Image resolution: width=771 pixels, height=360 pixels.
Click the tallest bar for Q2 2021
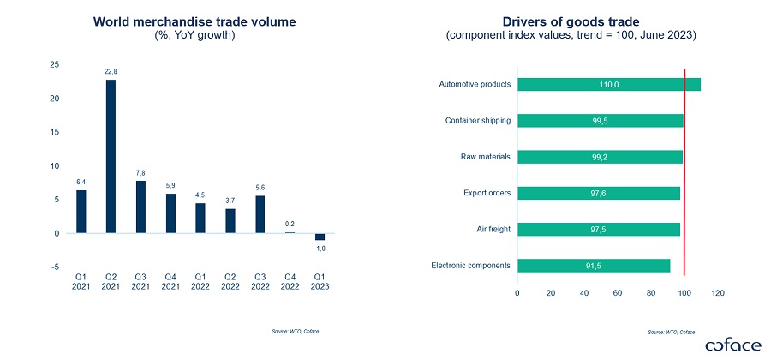point(111,156)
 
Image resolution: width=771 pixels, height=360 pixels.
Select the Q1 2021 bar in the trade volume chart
point(81,211)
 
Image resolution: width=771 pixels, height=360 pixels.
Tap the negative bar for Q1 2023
point(320,237)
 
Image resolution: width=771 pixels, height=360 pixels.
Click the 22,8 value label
point(111,71)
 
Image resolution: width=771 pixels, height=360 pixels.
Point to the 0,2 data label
point(290,224)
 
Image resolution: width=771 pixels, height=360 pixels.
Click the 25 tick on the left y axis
point(54,65)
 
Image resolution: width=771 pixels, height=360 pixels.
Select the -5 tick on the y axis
point(55,267)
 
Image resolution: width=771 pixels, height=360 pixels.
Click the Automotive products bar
point(609,84)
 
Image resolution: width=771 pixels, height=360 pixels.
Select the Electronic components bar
point(594,266)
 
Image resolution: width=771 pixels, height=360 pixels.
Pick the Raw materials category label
point(486,157)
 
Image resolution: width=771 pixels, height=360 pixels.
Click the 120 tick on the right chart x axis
point(718,293)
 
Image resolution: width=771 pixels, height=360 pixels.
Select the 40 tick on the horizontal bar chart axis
point(584,293)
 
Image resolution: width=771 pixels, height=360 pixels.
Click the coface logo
point(732,345)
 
